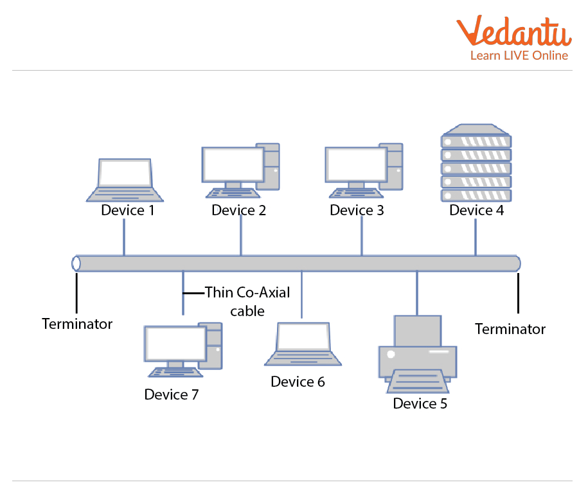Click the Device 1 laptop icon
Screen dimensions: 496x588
(125, 180)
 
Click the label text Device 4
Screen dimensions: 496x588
(476, 210)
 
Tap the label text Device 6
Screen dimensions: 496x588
(298, 382)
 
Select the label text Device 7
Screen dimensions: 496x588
(172, 394)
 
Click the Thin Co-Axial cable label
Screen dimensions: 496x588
(247, 301)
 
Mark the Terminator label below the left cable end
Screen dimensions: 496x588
(77, 324)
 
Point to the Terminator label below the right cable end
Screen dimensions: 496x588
(510, 329)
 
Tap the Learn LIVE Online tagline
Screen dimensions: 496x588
(519, 56)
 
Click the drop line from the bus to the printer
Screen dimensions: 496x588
(417, 293)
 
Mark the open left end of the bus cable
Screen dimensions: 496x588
(76, 263)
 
